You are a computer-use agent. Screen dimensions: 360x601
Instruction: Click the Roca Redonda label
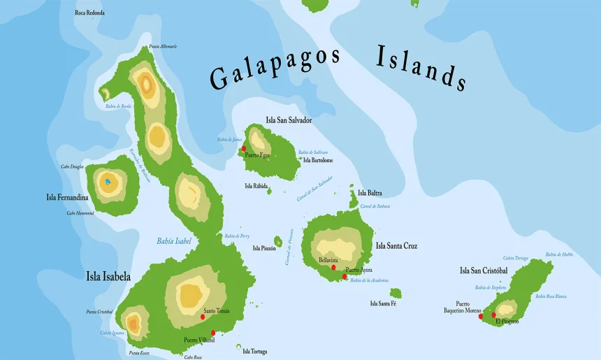(x=90, y=13)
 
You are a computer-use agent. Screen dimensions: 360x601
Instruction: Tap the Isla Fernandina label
(x=67, y=197)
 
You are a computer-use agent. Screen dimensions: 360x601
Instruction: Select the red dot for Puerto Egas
(x=244, y=148)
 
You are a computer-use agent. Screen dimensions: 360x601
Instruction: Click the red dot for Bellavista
(x=333, y=267)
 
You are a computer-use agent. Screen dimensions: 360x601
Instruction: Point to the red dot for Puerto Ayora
(x=345, y=277)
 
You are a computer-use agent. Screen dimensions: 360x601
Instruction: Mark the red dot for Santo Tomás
(x=203, y=317)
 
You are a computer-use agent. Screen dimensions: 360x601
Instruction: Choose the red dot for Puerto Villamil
(x=213, y=333)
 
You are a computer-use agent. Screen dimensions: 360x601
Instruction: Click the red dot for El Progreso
(x=494, y=315)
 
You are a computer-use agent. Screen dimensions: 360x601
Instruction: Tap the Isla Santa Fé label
(x=383, y=303)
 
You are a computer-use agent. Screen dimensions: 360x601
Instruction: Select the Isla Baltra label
(x=370, y=193)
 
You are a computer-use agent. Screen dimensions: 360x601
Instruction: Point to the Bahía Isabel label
(x=174, y=241)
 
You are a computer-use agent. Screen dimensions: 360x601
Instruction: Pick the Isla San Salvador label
(x=289, y=120)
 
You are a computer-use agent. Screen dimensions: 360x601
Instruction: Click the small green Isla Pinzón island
(x=278, y=240)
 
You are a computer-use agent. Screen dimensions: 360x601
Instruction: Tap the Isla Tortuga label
(x=254, y=352)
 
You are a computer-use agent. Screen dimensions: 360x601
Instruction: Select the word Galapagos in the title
(x=275, y=69)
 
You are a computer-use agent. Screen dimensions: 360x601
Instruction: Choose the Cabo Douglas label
(x=73, y=166)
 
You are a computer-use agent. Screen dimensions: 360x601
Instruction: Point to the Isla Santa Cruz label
(x=396, y=246)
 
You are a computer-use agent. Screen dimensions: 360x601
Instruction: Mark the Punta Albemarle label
(x=163, y=46)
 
